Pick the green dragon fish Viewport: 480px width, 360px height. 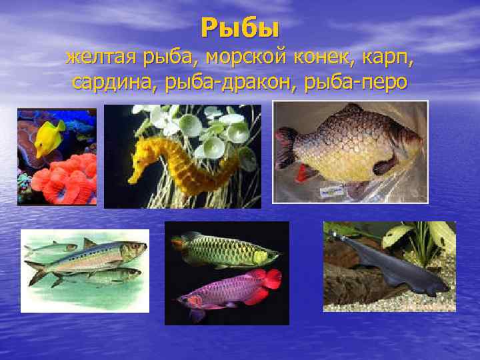(x=227, y=251)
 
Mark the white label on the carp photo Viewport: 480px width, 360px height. (x=329, y=191)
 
